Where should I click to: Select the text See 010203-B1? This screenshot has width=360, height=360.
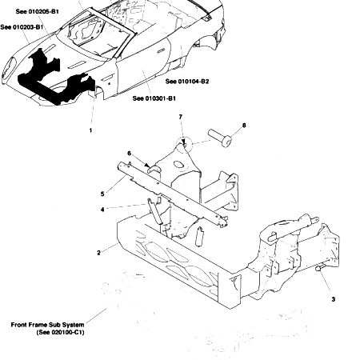click(x=22, y=27)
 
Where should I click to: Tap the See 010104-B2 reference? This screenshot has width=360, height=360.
click(x=187, y=81)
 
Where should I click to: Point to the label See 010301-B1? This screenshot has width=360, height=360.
click(x=154, y=98)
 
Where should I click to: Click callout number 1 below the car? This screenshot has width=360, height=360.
click(x=90, y=130)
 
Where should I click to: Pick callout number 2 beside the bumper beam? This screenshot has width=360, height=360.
click(x=98, y=253)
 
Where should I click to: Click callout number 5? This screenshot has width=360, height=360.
click(x=102, y=194)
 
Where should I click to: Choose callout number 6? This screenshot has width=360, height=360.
click(x=128, y=154)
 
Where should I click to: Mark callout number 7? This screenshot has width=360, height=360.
click(x=181, y=118)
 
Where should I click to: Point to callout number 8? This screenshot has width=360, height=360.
click(x=244, y=126)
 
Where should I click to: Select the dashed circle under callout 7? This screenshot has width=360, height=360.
click(x=186, y=145)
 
